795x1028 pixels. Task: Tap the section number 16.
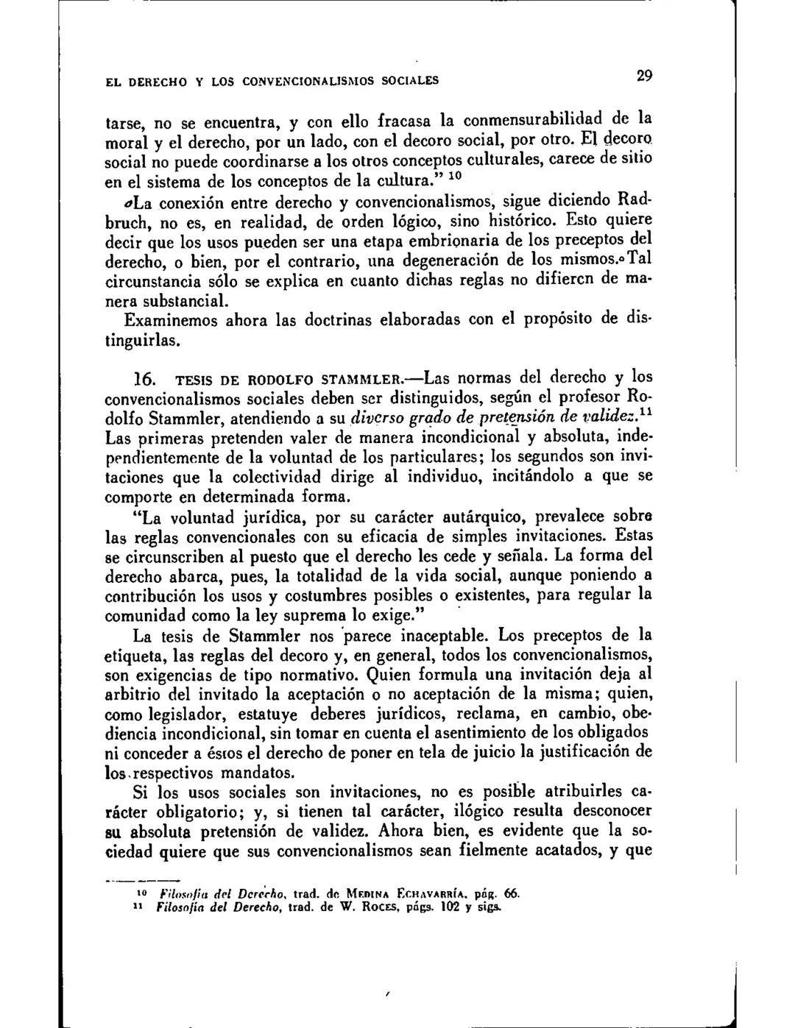[x=142, y=380]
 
